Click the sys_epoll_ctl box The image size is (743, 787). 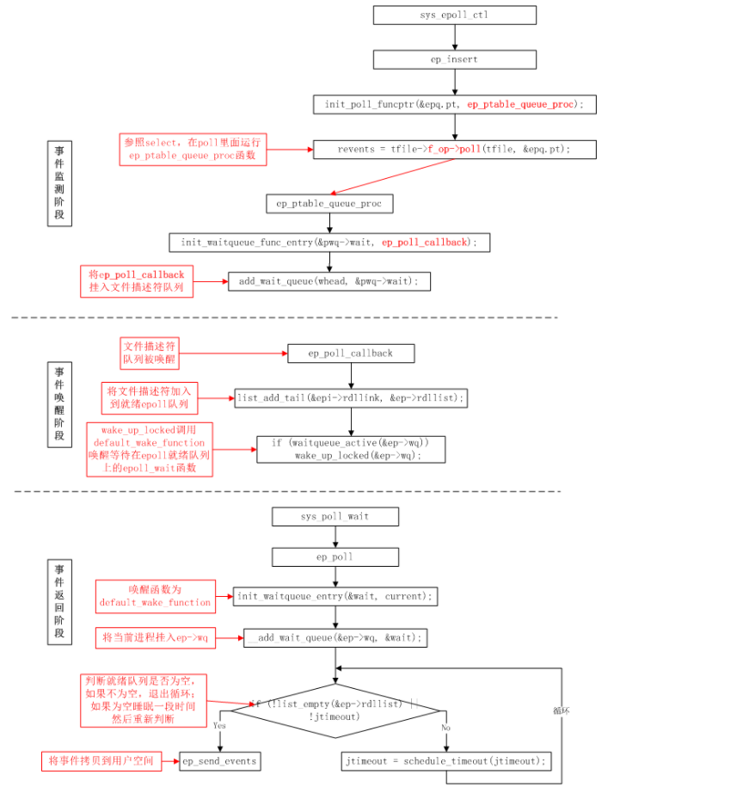454,15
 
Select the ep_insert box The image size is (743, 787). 454,59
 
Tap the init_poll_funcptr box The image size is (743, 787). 454,104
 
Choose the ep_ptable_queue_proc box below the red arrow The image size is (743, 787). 329,203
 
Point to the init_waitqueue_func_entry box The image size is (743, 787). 329,243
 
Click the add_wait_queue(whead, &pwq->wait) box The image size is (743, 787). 329,281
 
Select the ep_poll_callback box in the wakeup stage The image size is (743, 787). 351,354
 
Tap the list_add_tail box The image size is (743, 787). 351,397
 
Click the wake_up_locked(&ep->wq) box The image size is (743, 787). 351,449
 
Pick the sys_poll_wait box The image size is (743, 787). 335,516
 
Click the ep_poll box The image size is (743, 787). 335,556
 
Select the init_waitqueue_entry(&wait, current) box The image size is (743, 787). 335,596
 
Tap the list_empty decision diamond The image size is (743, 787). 335,710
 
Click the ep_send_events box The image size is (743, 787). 219,761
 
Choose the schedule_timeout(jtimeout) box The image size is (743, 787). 445,761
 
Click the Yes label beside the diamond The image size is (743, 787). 219,725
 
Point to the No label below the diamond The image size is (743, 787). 445,727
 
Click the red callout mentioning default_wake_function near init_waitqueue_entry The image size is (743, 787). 156,596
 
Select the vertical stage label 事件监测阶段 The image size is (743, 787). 59,184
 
